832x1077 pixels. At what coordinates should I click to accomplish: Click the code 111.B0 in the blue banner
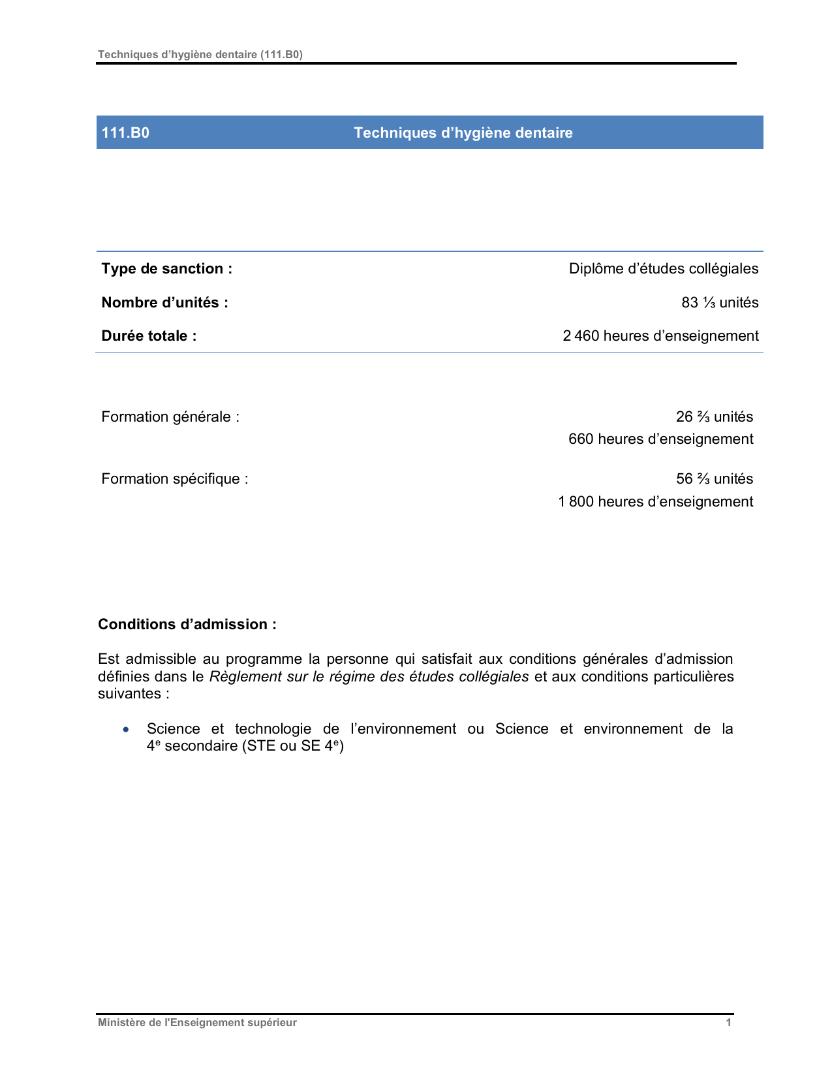[x=125, y=133]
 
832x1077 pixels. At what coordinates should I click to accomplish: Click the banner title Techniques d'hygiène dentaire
[x=463, y=133]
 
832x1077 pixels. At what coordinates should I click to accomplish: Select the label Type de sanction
[x=166, y=268]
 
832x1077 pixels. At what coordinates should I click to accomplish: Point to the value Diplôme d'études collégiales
[x=663, y=268]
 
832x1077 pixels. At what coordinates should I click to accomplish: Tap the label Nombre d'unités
[x=164, y=302]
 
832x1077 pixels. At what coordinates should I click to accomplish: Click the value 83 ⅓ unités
[x=720, y=302]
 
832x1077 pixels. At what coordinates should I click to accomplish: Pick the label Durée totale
[x=149, y=336]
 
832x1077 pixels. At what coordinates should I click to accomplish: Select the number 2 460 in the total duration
[x=581, y=336]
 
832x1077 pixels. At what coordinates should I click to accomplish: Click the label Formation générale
[x=170, y=416]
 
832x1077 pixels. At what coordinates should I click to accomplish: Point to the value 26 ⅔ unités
[x=714, y=416]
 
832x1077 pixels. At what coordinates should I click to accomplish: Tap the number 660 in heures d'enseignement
[x=580, y=439]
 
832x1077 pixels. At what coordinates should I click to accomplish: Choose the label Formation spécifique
[x=174, y=478]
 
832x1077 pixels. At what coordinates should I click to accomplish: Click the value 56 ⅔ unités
[x=714, y=478]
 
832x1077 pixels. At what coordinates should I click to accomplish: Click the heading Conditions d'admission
[x=187, y=624]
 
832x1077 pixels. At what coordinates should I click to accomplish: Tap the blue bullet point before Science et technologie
[x=126, y=729]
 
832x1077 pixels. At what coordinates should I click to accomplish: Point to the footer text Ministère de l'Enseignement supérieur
[x=197, y=1022]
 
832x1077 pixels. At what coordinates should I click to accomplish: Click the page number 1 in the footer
[x=728, y=1022]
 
